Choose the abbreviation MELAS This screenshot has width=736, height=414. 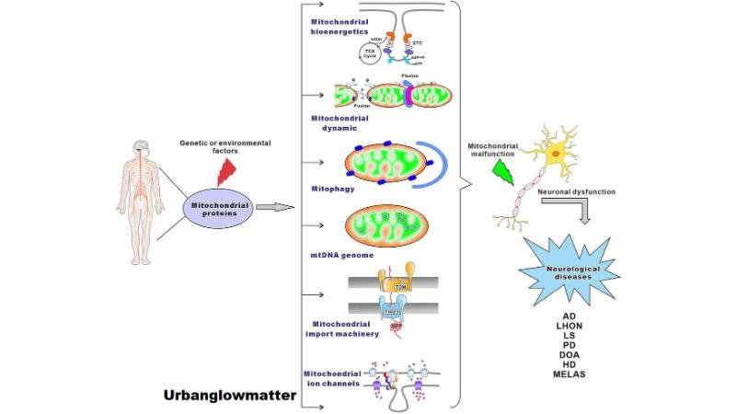(x=570, y=374)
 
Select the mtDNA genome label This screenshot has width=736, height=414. (x=335, y=256)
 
